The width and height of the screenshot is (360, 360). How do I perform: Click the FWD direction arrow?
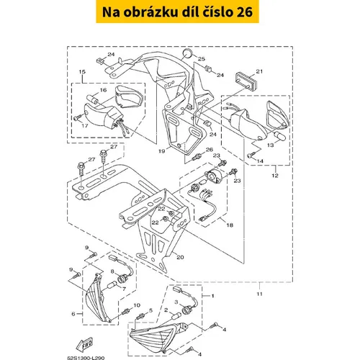[84, 343]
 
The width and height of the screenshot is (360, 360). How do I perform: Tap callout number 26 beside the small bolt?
[210, 150]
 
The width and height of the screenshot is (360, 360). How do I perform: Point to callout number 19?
[162, 151]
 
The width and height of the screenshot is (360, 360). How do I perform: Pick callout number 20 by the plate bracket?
[180, 257]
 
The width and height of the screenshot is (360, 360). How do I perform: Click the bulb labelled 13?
[280, 136]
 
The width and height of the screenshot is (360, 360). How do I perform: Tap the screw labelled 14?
[251, 156]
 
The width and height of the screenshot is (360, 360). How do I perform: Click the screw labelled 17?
[77, 118]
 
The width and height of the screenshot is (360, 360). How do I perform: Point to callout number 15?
[82, 71]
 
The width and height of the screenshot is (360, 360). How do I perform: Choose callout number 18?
[230, 225]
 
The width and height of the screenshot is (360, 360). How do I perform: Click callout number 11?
[260, 294]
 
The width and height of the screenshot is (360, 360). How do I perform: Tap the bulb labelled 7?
[112, 285]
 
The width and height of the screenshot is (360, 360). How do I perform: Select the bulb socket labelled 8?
[123, 279]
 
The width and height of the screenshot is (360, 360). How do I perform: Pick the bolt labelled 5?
[140, 317]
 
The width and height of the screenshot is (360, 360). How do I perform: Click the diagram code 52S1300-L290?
[86, 358]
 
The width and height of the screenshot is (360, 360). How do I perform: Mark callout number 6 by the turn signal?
[73, 314]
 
